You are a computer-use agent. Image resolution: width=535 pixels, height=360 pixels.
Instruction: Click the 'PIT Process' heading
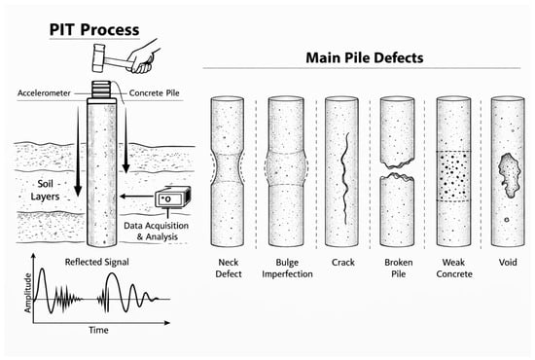click(x=94, y=30)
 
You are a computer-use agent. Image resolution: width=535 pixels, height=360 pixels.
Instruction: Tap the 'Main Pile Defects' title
click(x=365, y=57)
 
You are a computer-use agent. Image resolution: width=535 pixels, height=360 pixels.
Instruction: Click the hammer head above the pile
click(x=98, y=58)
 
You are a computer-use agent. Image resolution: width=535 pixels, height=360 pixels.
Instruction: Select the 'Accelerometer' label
click(x=44, y=92)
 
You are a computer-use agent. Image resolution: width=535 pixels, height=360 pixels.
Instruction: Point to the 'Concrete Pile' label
click(x=155, y=92)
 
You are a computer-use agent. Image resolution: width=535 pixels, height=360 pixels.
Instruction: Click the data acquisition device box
click(x=172, y=198)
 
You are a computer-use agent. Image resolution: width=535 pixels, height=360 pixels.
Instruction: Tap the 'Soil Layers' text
click(x=45, y=190)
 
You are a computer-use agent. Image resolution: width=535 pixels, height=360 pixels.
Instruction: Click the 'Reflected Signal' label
click(x=97, y=262)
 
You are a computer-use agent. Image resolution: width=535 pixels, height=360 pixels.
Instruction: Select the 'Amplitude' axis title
click(x=28, y=293)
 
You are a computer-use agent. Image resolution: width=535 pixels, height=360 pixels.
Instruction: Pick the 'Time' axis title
click(x=98, y=330)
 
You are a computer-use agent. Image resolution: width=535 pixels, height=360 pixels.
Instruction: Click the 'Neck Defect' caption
click(x=229, y=269)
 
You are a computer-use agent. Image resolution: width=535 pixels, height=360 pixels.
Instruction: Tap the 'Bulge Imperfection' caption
click(x=287, y=269)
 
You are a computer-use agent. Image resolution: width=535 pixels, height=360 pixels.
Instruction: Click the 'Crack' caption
click(x=343, y=263)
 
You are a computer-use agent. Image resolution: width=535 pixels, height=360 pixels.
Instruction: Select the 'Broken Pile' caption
click(x=399, y=269)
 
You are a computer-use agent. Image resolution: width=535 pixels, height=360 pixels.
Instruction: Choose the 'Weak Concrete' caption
click(x=454, y=269)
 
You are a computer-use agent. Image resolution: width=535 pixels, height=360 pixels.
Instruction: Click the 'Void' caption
click(x=508, y=263)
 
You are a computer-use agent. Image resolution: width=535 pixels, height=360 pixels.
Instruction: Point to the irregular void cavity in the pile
click(x=510, y=175)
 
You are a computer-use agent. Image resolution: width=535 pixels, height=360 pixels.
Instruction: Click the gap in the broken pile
click(x=398, y=170)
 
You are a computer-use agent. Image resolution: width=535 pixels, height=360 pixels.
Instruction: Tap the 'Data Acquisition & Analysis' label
click(x=157, y=231)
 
